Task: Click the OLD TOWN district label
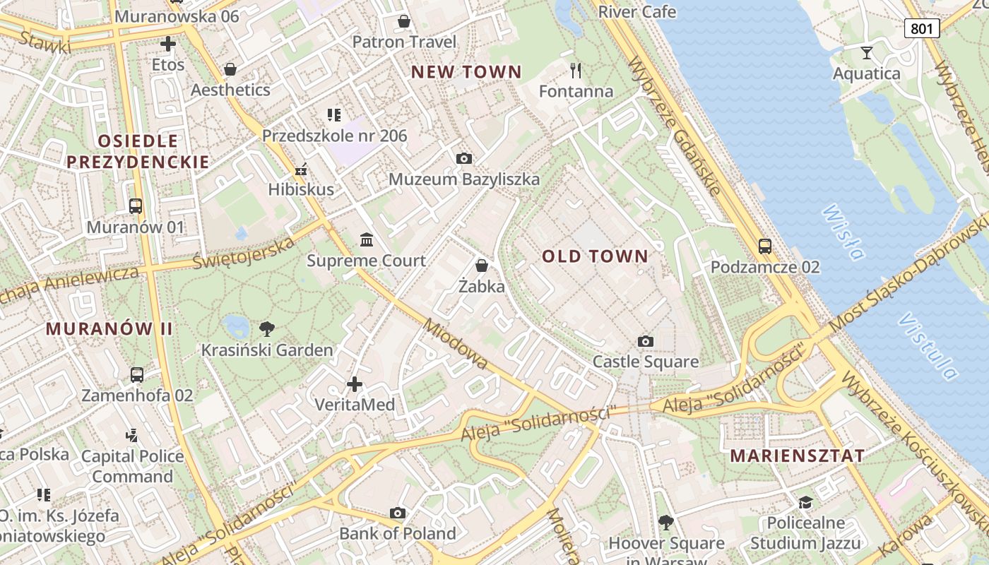(595, 256)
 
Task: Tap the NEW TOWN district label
(466, 71)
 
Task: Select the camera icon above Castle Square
(645, 342)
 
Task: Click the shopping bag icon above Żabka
(482, 266)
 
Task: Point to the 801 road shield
(922, 28)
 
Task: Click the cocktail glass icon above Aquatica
(867, 52)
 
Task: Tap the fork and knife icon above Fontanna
(576, 70)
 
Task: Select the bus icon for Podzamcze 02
(765, 246)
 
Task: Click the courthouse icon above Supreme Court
(367, 240)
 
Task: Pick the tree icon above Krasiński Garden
(266, 328)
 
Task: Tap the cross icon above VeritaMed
(355, 384)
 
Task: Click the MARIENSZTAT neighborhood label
(797, 456)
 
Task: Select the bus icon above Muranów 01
(136, 206)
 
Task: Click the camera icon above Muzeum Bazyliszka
(464, 158)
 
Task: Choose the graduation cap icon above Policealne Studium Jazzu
(805, 502)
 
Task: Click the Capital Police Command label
(132, 466)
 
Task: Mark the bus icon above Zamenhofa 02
(137, 374)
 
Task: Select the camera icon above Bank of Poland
(398, 513)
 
